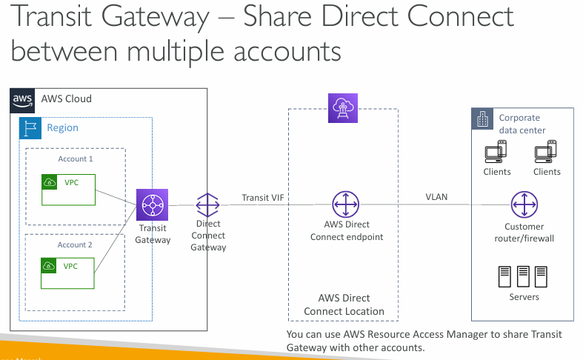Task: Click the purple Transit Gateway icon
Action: pos(153,205)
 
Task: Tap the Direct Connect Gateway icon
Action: pos(208,204)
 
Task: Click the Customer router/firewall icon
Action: pos(524,204)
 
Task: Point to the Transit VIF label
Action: pos(262,198)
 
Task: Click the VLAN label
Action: pos(436,197)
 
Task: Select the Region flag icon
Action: pos(30,127)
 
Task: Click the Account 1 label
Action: pos(76,159)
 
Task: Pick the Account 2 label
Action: pos(76,244)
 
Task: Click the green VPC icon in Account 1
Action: pos(50,181)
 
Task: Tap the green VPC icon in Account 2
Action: pos(50,266)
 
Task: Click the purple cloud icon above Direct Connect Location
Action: pos(342,108)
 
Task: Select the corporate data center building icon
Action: pos(483,119)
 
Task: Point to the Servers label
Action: pos(524,297)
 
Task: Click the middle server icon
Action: pos(524,276)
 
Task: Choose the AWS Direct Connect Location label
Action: pos(344,305)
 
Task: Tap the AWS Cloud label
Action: pos(67,99)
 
